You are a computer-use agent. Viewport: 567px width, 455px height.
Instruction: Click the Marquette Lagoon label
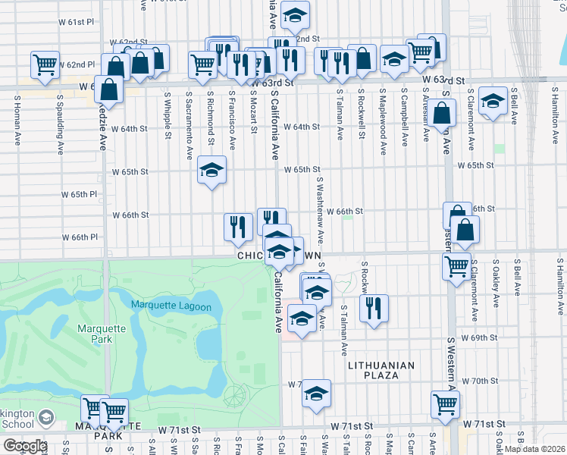176,305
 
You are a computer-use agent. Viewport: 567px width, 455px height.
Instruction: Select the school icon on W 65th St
211,171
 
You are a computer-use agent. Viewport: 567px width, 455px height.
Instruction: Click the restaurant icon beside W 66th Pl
238,227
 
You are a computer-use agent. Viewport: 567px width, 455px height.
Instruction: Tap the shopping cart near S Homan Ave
45,64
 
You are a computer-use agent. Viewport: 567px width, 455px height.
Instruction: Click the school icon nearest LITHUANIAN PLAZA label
316,394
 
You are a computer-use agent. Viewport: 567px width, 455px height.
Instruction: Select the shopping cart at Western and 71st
445,405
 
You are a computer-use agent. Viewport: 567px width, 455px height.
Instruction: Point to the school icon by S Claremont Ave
493,102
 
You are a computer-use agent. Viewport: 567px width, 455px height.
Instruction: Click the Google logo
24,446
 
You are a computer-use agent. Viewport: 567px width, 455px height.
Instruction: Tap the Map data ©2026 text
534,449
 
